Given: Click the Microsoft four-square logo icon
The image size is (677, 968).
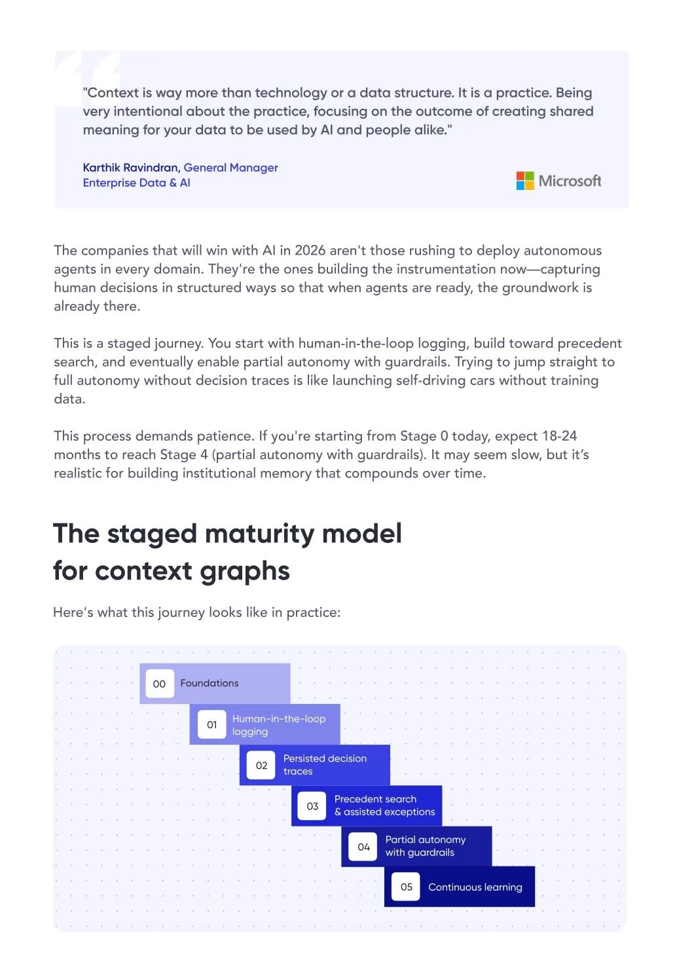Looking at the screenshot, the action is pos(525,181).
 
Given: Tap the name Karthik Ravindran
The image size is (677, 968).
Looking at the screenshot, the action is pos(130,168).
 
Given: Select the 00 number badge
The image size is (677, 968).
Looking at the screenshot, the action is pos(159,684).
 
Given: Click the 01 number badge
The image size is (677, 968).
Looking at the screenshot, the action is pos(211,725).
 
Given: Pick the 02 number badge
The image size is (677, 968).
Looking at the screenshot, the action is pos(261,766).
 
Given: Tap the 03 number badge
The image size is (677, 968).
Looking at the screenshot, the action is pos(312,806).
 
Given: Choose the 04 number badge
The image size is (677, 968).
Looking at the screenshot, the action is pos(363,847).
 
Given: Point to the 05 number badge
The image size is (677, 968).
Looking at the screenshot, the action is pos(406,887).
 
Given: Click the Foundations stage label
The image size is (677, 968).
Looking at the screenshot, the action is pos(210,683).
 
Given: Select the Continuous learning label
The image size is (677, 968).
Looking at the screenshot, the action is pos(475,887).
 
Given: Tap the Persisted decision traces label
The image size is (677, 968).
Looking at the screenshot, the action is pos(325,765).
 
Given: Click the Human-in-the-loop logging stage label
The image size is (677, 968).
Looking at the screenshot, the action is pos(279,725).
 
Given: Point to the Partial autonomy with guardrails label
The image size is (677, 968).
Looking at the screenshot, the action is pos(426,846).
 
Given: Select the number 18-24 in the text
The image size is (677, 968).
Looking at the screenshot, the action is pos(560,436).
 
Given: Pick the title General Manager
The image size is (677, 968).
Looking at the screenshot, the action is pos(230,168).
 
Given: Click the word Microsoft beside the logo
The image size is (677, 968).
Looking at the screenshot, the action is pos(570,181).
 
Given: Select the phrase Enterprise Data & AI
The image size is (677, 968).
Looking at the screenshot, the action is pos(137,183).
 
